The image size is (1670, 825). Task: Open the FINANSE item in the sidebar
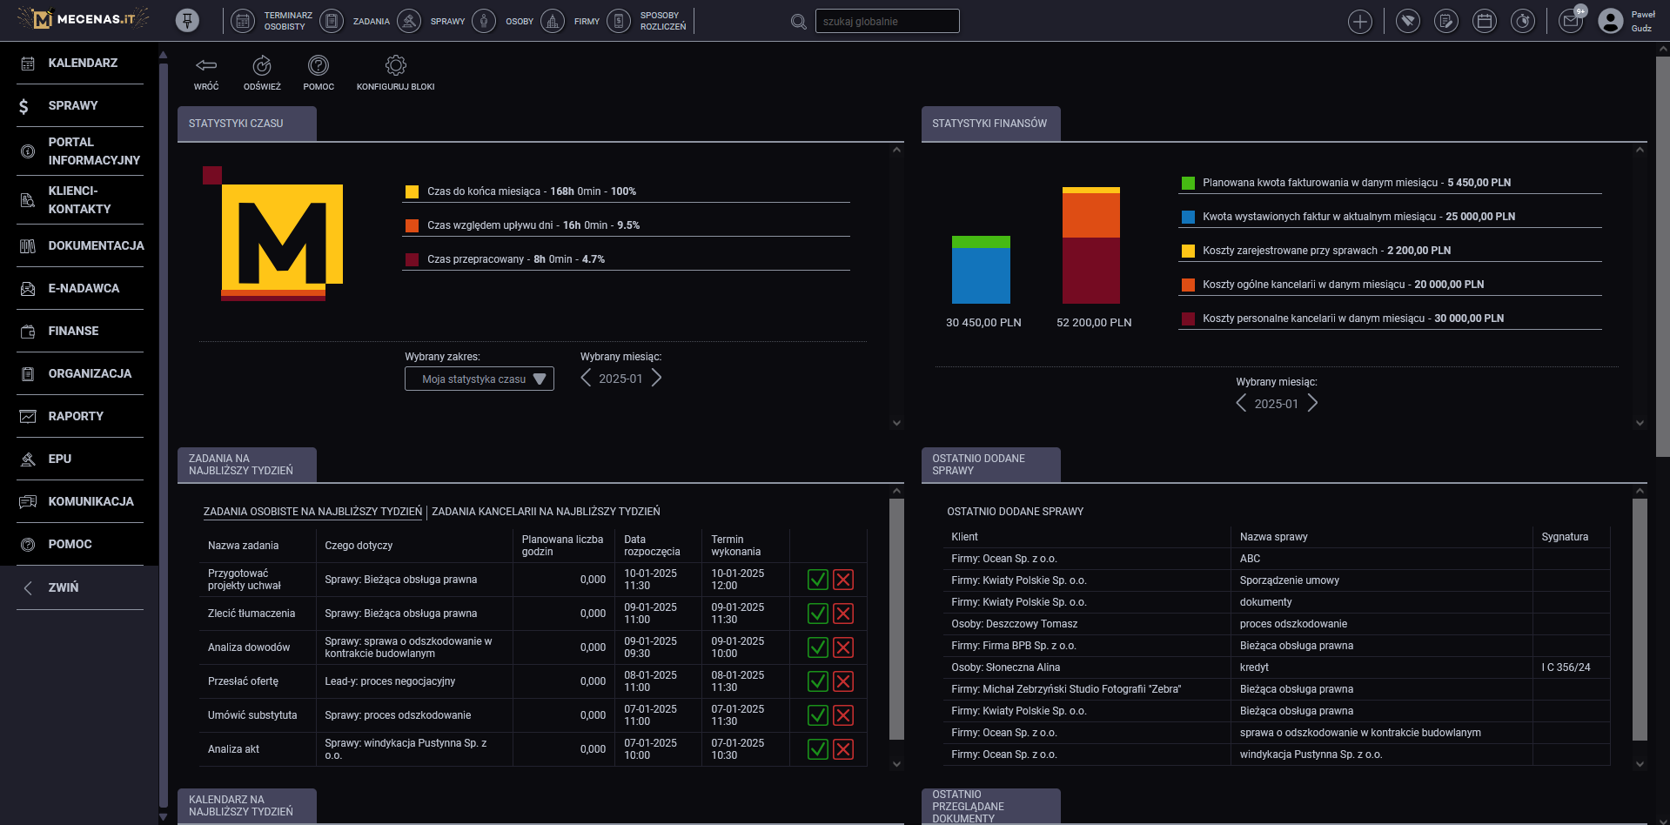[x=73, y=331]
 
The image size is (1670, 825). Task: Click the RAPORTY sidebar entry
[x=76, y=416]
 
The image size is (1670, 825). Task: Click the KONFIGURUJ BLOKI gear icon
[x=395, y=66]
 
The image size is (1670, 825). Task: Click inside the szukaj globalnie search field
[x=886, y=21]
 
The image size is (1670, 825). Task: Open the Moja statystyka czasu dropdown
[x=479, y=379]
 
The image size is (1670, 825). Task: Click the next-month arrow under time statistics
[x=657, y=378]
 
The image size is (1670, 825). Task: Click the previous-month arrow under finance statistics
[x=1241, y=403]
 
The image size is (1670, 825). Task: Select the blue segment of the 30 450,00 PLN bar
[x=981, y=275]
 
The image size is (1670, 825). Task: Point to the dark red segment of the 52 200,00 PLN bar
[x=1090, y=271]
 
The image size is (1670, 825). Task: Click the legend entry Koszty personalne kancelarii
[x=1352, y=319]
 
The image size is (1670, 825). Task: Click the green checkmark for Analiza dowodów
[x=817, y=647]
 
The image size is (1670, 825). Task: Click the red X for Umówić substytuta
[x=843, y=715]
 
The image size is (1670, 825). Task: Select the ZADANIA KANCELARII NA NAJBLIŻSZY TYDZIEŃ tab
[x=546, y=512]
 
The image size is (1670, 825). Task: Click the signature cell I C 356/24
[x=1566, y=667]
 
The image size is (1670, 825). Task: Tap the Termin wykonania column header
[x=735, y=546]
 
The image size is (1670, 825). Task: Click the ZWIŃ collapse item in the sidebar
[x=63, y=587]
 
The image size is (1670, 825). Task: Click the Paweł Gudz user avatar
[x=1610, y=21]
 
